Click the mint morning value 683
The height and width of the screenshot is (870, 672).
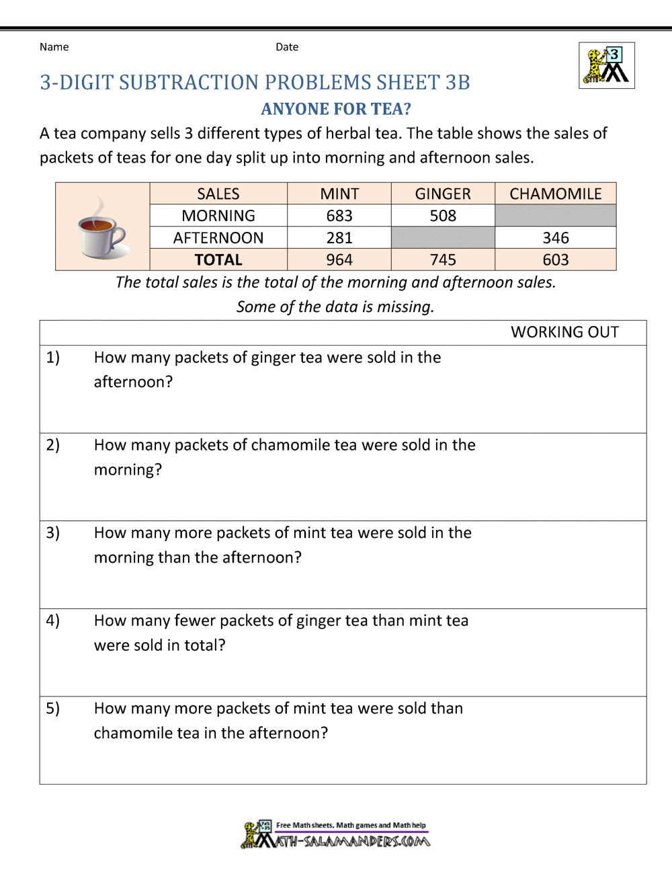point(339,216)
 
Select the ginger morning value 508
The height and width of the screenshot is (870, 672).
point(443,216)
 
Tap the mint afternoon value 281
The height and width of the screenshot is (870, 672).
point(339,238)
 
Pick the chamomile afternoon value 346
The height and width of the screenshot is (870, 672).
point(556,238)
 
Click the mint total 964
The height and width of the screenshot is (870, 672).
point(339,260)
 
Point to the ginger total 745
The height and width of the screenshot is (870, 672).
point(443,260)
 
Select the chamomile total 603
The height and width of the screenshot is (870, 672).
point(556,260)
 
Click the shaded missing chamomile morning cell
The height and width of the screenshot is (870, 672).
point(556,216)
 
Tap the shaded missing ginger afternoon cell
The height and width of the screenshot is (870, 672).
point(443,238)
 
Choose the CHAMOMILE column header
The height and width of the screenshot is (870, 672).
point(556,194)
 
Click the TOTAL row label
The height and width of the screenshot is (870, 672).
point(218,260)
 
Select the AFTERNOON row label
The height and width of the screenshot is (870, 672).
point(218,238)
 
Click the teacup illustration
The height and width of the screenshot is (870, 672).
point(101,229)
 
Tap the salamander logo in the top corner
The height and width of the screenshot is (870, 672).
point(607,66)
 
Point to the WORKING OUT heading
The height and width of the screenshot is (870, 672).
point(564,332)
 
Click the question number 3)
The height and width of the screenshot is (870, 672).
point(53,533)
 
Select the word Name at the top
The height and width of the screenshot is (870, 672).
point(54,47)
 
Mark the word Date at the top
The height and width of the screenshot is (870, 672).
point(287,47)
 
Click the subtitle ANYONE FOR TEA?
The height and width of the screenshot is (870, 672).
point(336,109)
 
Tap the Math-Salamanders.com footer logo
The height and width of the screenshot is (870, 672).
point(336,834)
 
